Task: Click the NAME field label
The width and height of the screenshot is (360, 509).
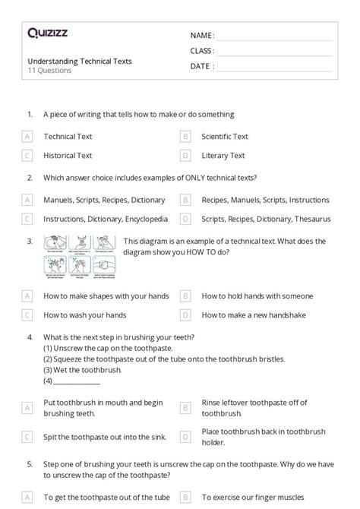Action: pyautogui.click(x=202, y=36)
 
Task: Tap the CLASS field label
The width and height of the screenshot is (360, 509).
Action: pyautogui.click(x=202, y=51)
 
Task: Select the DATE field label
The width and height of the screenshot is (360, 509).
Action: pyautogui.click(x=201, y=66)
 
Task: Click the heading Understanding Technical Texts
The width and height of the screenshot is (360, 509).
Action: pyautogui.click(x=80, y=61)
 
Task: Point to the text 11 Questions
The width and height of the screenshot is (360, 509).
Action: pyautogui.click(x=50, y=71)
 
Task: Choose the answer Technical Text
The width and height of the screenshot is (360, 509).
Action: pyautogui.click(x=68, y=137)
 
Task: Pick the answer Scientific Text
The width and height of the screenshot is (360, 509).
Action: pyautogui.click(x=225, y=137)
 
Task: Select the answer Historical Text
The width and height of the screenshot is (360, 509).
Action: pyautogui.click(x=68, y=155)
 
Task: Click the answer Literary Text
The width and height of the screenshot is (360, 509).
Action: pyautogui.click(x=223, y=155)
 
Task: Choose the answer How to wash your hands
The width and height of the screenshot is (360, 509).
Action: pyautogui.click(x=84, y=314)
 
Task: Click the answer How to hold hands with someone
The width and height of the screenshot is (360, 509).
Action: pyautogui.click(x=257, y=296)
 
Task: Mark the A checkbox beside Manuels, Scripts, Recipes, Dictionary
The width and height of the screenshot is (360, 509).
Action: pyautogui.click(x=27, y=201)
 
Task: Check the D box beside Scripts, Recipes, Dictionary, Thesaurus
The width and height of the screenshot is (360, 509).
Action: pyautogui.click(x=185, y=219)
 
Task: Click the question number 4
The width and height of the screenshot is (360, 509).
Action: pyautogui.click(x=29, y=337)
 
